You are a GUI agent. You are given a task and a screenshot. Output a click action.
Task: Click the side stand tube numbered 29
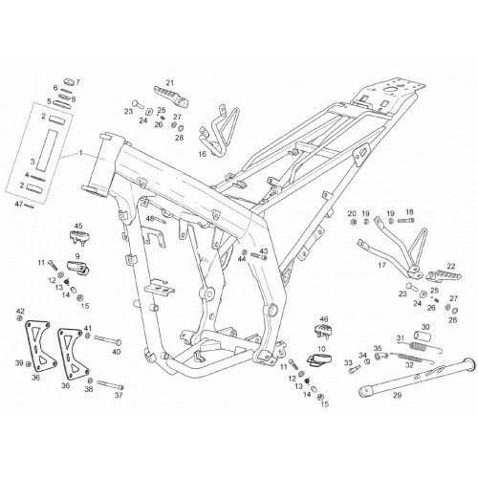[418, 378]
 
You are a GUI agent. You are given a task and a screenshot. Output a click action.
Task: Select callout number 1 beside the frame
[81, 153]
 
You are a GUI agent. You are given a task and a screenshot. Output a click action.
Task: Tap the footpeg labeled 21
[170, 96]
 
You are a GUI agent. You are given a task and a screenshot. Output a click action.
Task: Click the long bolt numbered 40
[108, 340]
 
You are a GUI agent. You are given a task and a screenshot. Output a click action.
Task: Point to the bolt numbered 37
[110, 384]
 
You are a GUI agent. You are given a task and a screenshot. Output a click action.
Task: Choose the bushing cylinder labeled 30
[422, 336]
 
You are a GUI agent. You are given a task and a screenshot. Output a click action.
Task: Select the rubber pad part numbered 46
[322, 332]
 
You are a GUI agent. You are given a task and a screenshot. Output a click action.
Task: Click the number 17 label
[381, 265]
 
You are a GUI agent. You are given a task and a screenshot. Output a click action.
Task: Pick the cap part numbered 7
[70, 81]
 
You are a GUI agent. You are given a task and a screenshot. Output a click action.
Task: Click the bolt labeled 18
[405, 221]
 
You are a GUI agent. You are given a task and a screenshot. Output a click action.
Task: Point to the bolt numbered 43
[259, 255]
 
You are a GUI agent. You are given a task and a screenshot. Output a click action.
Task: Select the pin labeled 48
[161, 220]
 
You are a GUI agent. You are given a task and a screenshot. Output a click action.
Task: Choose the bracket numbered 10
[319, 359]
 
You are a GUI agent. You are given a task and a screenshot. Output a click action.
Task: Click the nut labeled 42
[20, 318]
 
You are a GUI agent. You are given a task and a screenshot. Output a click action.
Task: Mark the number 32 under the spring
[409, 364]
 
